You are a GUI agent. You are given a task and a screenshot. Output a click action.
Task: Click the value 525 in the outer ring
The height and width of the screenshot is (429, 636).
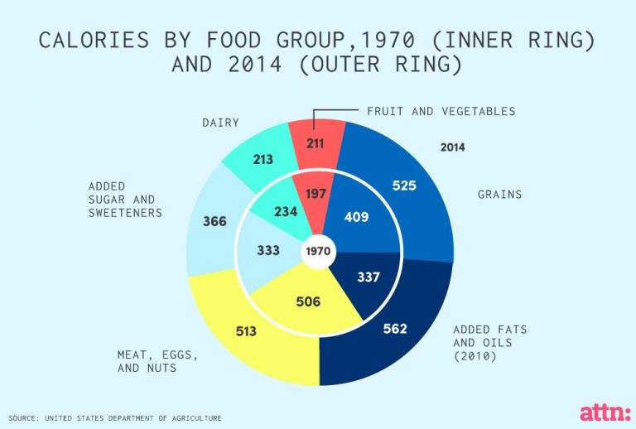click(x=404, y=186)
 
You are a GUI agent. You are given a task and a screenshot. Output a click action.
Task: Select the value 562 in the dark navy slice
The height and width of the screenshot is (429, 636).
click(x=395, y=329)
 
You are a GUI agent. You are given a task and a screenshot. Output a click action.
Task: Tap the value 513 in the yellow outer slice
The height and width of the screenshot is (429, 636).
click(x=246, y=331)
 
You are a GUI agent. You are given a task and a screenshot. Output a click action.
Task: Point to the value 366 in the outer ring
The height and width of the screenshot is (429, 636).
click(x=214, y=222)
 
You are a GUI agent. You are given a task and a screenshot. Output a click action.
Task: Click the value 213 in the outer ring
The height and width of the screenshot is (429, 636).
click(x=263, y=158)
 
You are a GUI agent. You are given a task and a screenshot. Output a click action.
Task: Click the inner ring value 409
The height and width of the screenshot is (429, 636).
click(x=357, y=218)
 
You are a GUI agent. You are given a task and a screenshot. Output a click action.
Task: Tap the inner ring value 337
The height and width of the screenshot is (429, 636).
click(x=368, y=277)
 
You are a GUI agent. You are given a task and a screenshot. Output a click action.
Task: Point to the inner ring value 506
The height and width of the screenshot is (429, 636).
click(x=308, y=301)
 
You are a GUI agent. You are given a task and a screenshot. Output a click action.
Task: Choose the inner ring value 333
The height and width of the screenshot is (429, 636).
click(x=268, y=250)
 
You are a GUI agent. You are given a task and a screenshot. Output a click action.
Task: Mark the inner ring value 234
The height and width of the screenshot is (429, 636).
click(x=286, y=211)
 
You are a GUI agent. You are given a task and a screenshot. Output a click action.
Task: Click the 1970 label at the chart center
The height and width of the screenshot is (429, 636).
click(x=318, y=250)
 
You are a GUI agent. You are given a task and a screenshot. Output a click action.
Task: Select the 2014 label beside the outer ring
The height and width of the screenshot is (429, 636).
click(x=452, y=147)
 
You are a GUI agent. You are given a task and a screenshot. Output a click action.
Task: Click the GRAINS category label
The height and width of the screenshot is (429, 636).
click(x=499, y=195)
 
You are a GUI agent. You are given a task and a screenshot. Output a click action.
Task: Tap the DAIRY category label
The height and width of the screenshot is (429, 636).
click(x=221, y=123)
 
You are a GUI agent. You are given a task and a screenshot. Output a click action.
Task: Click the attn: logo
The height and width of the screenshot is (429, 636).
click(x=604, y=411)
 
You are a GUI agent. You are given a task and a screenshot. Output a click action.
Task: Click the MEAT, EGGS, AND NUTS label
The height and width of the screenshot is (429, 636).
click(x=157, y=361)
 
